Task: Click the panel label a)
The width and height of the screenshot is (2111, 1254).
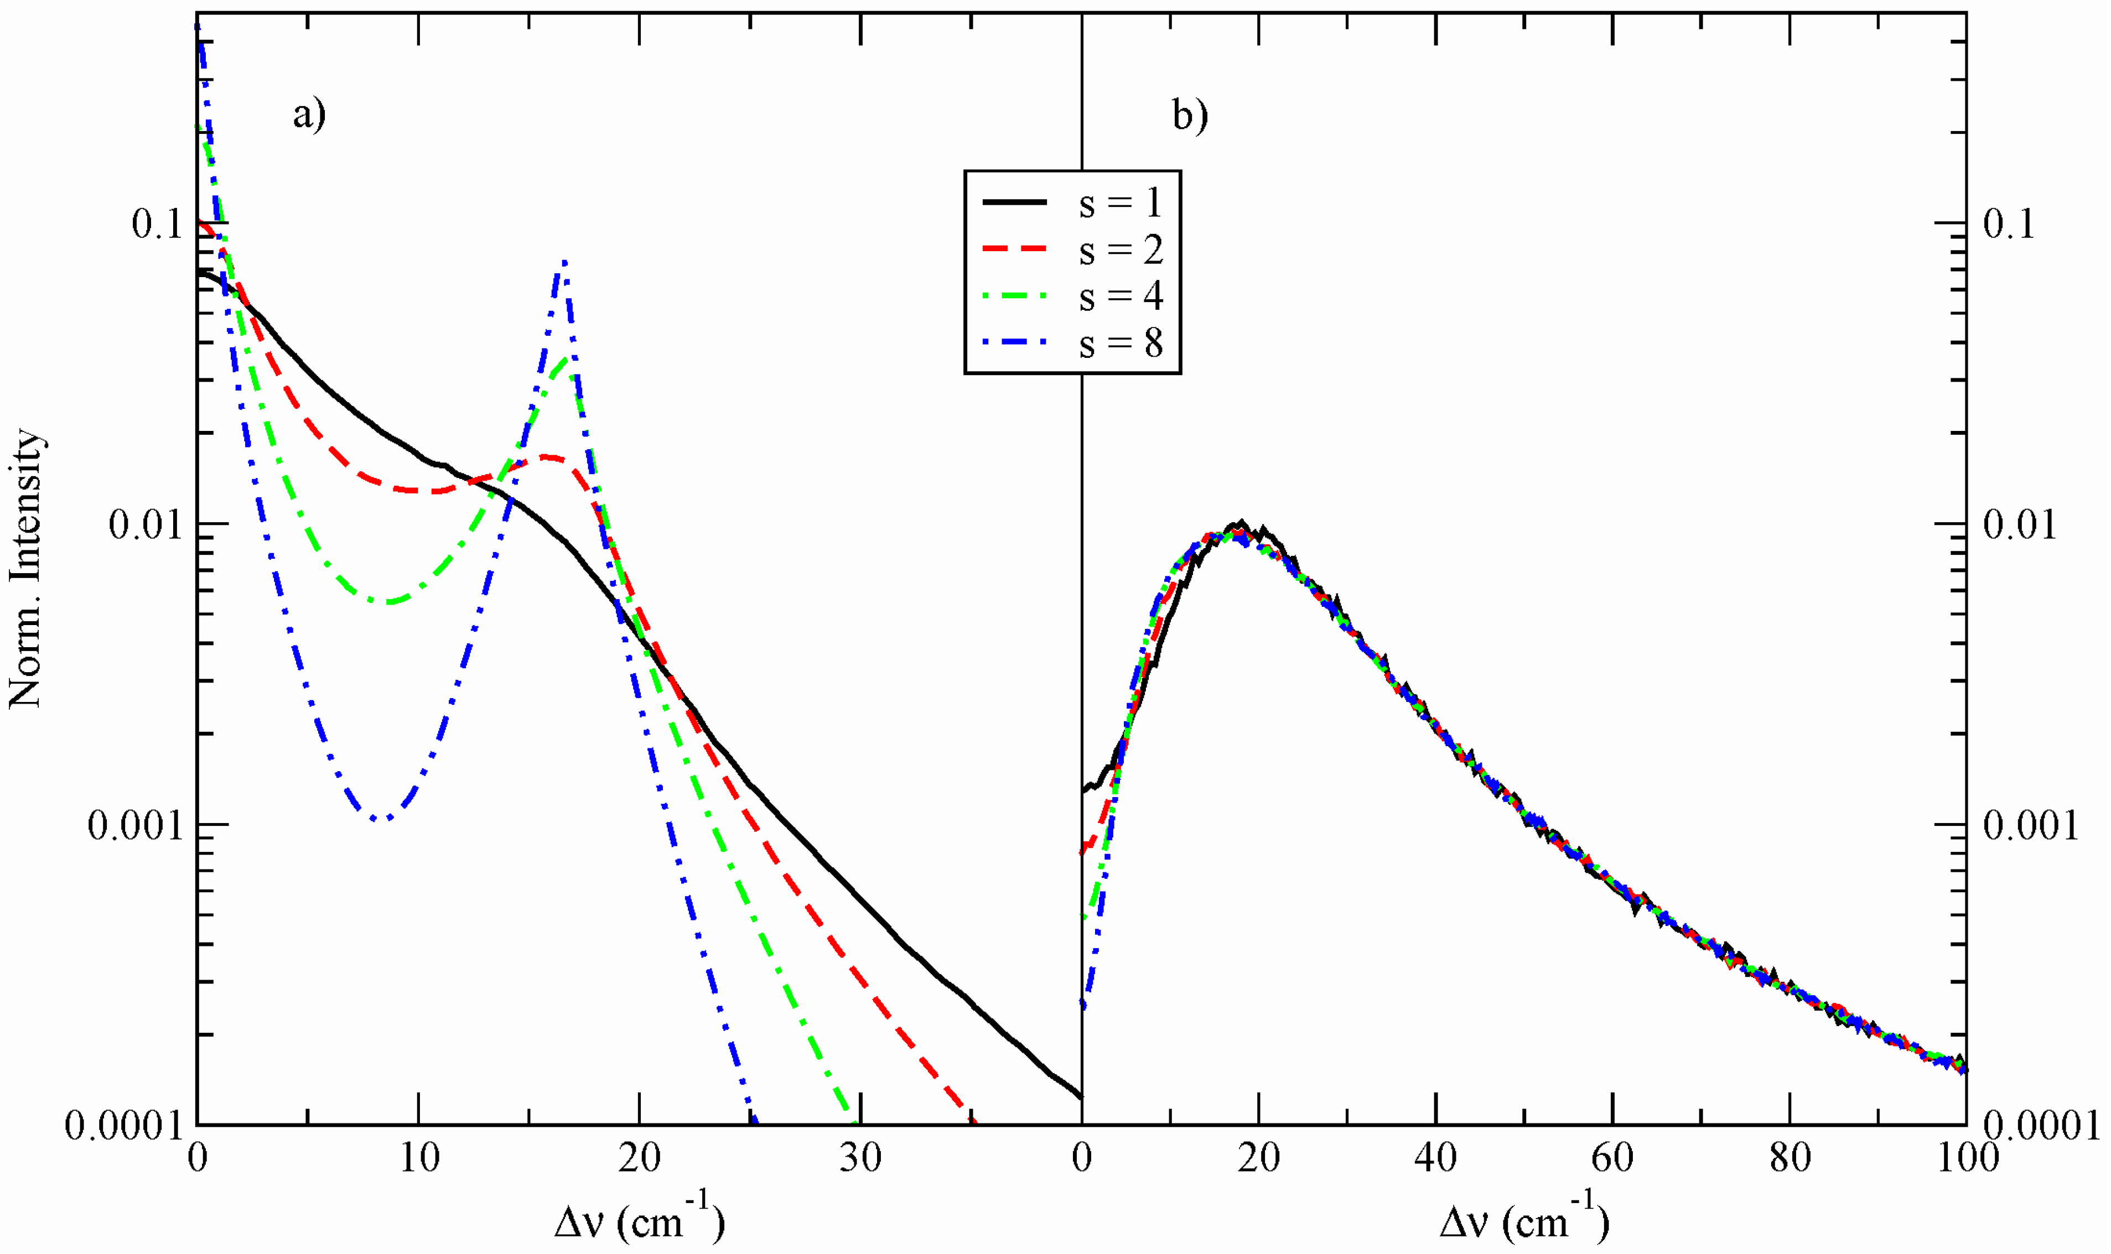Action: (308, 114)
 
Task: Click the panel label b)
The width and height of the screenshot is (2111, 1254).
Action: (1190, 114)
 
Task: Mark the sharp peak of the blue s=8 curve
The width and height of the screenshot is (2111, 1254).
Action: (564, 262)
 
